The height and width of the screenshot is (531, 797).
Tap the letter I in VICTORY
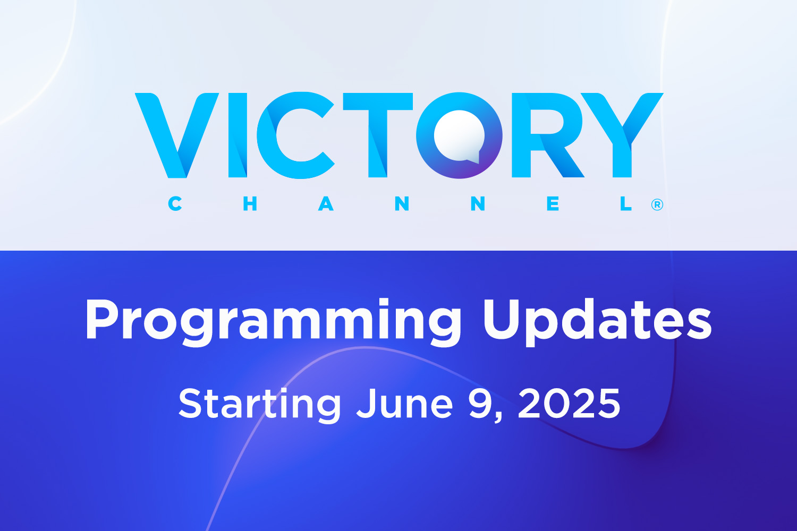[x=238, y=135]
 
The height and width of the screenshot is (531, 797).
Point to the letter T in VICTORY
[x=377, y=135]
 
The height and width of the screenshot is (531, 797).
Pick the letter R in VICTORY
[x=547, y=135]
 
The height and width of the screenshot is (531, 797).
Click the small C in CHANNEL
[x=175, y=204]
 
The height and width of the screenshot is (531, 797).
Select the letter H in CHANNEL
[x=250, y=204]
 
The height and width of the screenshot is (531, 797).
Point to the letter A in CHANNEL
[x=326, y=204]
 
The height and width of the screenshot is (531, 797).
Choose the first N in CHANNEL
[x=402, y=204]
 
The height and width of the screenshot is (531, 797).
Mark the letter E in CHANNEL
[x=553, y=204]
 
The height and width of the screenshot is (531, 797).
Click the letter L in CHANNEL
[x=626, y=204]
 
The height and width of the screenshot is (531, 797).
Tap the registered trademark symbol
[x=657, y=205]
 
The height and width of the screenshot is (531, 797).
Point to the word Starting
[x=260, y=405]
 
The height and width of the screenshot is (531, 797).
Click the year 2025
[x=569, y=404]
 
